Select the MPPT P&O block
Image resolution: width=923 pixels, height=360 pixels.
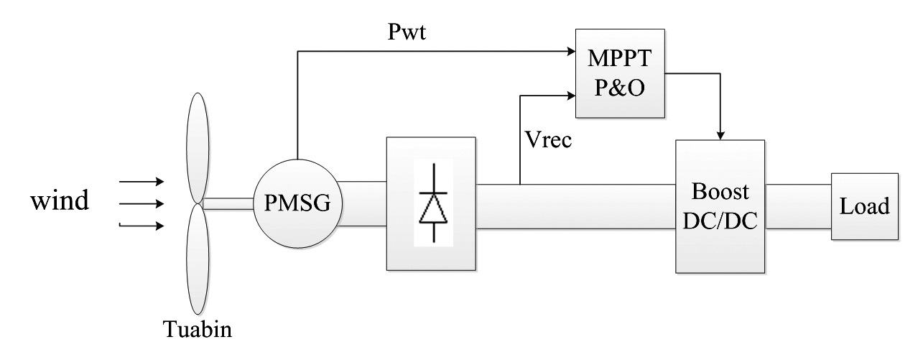click(x=620, y=73)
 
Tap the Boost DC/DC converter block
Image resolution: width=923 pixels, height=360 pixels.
click(x=720, y=206)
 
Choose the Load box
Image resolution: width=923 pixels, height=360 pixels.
click(x=865, y=206)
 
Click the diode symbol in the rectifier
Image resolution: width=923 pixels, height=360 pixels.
click(x=433, y=203)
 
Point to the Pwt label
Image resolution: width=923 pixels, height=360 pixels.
click(x=407, y=32)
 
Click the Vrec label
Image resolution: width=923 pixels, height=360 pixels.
click(x=549, y=139)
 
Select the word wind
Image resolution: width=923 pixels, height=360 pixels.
click(x=60, y=200)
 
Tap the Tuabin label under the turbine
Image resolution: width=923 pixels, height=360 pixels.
click(x=198, y=329)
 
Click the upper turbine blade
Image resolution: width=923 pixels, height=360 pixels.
click(x=198, y=147)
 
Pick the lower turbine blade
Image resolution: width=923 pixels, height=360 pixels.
click(x=198, y=259)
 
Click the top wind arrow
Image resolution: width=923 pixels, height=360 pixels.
click(x=142, y=181)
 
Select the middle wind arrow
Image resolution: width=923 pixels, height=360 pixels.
click(x=142, y=203)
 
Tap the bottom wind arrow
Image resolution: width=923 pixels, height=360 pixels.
click(x=142, y=226)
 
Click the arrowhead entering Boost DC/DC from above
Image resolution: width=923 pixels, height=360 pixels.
click(x=720, y=136)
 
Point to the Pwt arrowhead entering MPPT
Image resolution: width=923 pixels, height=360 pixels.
click(x=571, y=51)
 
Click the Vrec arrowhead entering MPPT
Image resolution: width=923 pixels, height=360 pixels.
click(x=571, y=96)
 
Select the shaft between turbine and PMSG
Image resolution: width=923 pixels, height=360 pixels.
click(x=228, y=203)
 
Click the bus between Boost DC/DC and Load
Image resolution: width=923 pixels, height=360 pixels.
click(x=798, y=206)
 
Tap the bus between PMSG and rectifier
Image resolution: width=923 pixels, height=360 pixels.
click(x=363, y=203)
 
